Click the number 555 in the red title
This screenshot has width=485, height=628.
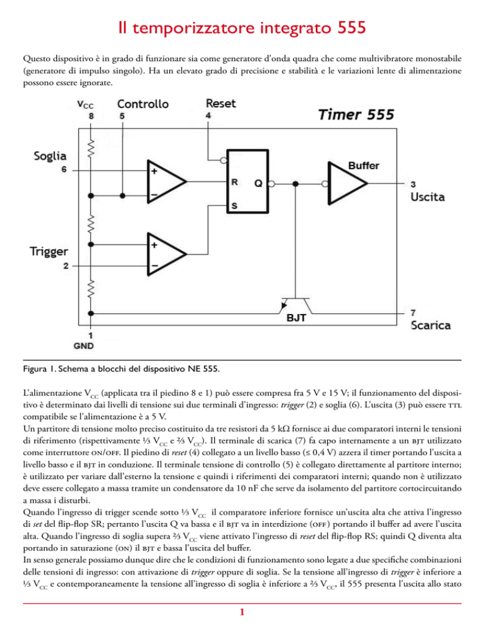(352, 28)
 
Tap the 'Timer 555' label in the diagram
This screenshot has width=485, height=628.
(356, 114)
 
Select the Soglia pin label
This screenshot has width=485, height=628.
(50, 156)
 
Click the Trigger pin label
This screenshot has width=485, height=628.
(49, 251)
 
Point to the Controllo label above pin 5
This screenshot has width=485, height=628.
(143, 104)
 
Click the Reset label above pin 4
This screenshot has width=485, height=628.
(220, 104)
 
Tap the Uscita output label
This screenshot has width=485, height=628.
(428, 197)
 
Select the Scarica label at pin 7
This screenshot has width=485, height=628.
(431, 325)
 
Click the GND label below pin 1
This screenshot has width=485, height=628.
(83, 346)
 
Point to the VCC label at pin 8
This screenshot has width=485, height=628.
(85, 104)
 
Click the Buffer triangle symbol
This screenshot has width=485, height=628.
(347, 183)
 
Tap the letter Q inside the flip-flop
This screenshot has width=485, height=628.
(258, 183)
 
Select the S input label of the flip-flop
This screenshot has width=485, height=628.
(234, 206)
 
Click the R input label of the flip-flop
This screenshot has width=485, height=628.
(235, 182)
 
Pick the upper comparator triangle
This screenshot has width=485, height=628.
(167, 181)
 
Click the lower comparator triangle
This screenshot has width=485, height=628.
(167, 254)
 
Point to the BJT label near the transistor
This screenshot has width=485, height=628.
(296, 318)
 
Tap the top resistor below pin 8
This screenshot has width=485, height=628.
(91, 148)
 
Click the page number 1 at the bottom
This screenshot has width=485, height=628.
(242, 612)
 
